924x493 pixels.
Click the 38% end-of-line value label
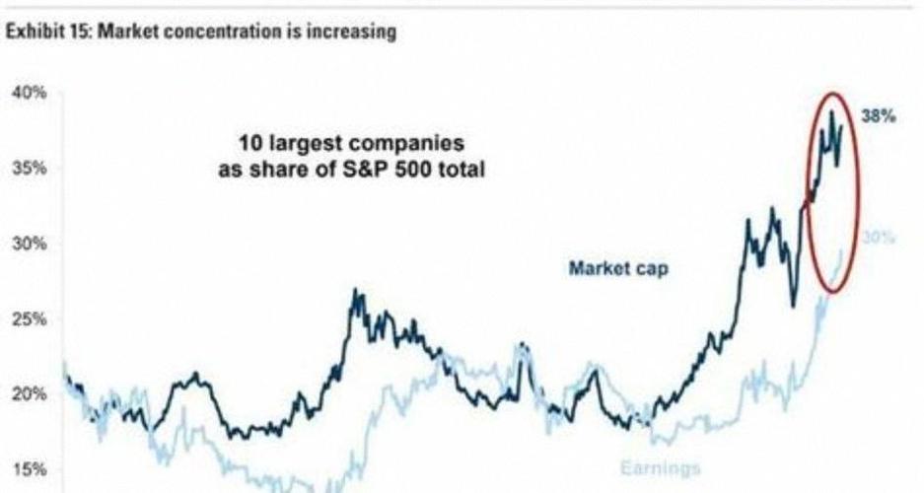point(878,116)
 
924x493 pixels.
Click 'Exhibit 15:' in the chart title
point(42,33)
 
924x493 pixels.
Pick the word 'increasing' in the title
point(352,33)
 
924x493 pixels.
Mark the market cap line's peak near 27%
point(353,291)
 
